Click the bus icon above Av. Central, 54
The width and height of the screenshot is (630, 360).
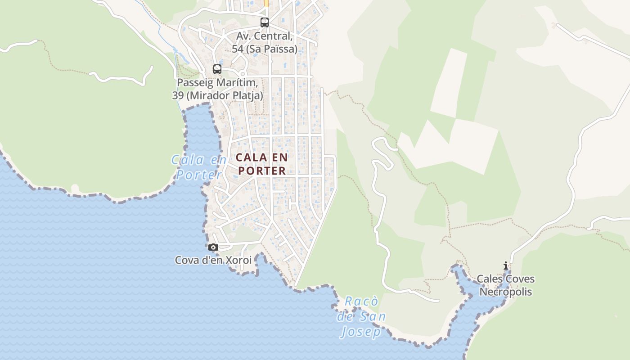pyautogui.click(x=265, y=22)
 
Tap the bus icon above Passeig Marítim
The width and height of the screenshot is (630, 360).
pyautogui.click(x=217, y=69)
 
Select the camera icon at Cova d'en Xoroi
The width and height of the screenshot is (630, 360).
pyautogui.click(x=213, y=247)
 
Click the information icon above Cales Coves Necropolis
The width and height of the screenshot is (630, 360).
pyautogui.click(x=506, y=266)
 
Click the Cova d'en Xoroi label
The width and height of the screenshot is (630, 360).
pyautogui.click(x=213, y=260)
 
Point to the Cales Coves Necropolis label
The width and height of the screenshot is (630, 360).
pyautogui.click(x=506, y=285)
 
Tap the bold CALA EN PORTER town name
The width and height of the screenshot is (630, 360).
pyautogui.click(x=261, y=164)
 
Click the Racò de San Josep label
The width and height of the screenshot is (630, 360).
pyautogui.click(x=361, y=317)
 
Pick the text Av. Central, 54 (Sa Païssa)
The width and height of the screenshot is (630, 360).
pyautogui.click(x=265, y=42)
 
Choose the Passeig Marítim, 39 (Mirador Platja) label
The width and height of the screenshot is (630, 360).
pyautogui.click(x=217, y=89)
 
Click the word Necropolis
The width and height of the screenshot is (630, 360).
pyautogui.click(x=506, y=292)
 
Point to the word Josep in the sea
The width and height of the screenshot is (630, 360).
pyautogui.click(x=361, y=332)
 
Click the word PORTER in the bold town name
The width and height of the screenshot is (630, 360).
pyautogui.click(x=262, y=171)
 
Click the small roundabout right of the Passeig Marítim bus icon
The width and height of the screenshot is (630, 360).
pyautogui.click(x=243, y=73)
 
